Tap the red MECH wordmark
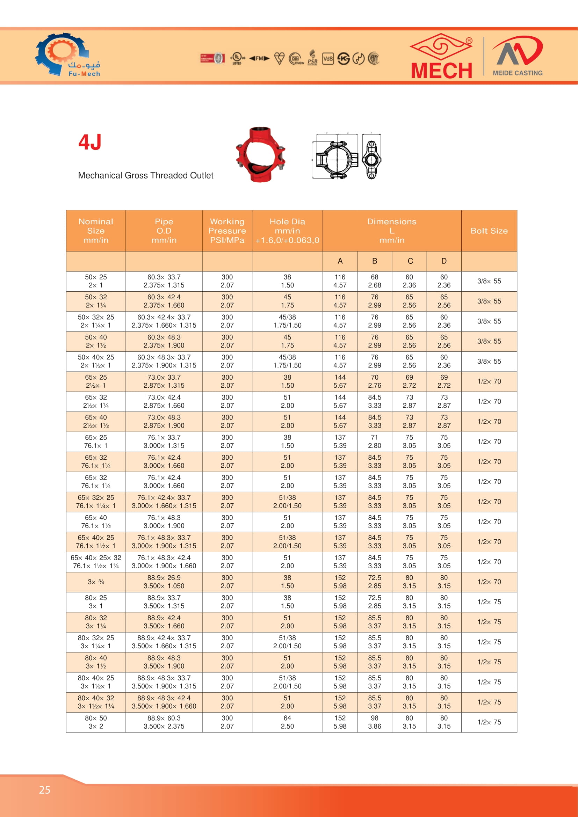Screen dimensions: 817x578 tap(441, 71)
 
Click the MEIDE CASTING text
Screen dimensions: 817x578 tap(518, 73)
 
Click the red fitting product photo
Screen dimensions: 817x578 tap(261, 154)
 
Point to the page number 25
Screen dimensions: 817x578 tap(44, 790)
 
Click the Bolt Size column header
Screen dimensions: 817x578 tap(489, 231)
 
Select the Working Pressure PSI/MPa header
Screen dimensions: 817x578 tap(227, 231)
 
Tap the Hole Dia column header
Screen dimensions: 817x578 tap(287, 231)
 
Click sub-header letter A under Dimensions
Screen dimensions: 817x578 tap(340, 261)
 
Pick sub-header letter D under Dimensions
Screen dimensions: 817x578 tap(444, 261)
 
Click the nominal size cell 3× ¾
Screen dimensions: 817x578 tap(96, 582)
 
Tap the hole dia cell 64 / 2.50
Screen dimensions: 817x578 tap(287, 722)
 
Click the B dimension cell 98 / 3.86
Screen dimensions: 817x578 tap(374, 722)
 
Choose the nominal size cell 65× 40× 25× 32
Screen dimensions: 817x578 tap(96, 562)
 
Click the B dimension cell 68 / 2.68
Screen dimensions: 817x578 tap(374, 281)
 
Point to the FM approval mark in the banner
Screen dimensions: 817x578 tap(259, 58)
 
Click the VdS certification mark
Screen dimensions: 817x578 tap(328, 58)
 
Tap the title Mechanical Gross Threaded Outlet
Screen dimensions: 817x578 tap(146, 175)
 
